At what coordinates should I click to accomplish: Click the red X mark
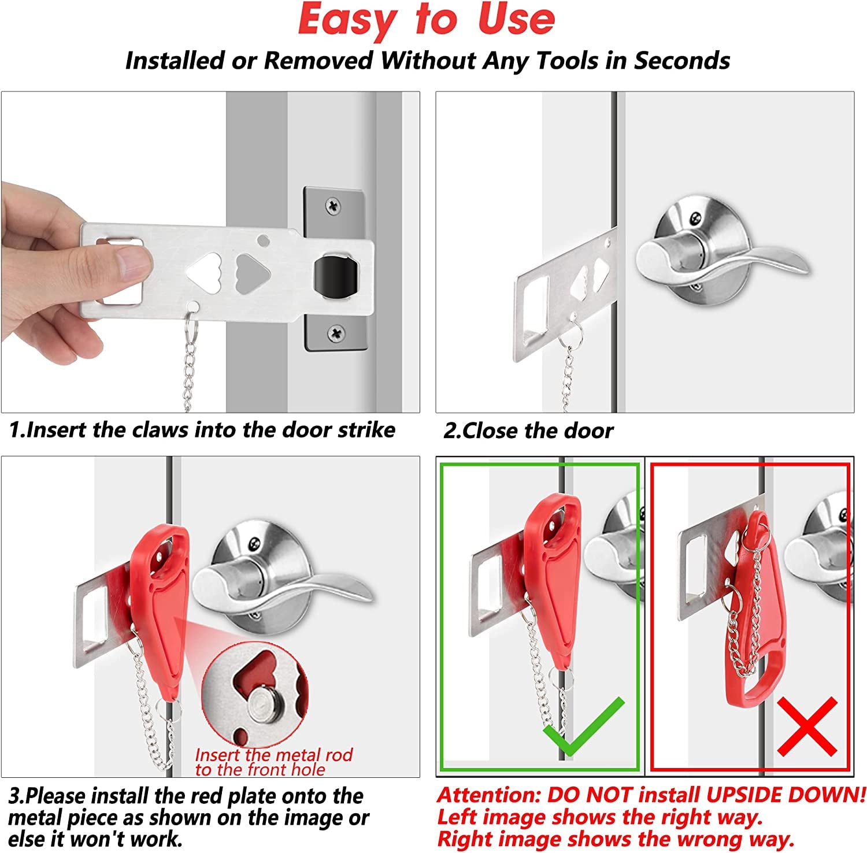point(807,726)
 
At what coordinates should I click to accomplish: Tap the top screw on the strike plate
point(334,205)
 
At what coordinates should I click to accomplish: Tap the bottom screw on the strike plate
point(336,332)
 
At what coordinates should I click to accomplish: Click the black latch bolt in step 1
point(334,276)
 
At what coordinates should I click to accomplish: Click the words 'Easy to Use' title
point(427,20)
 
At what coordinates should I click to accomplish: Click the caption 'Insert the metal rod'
point(273,755)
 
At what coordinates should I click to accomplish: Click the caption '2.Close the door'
point(528,431)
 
